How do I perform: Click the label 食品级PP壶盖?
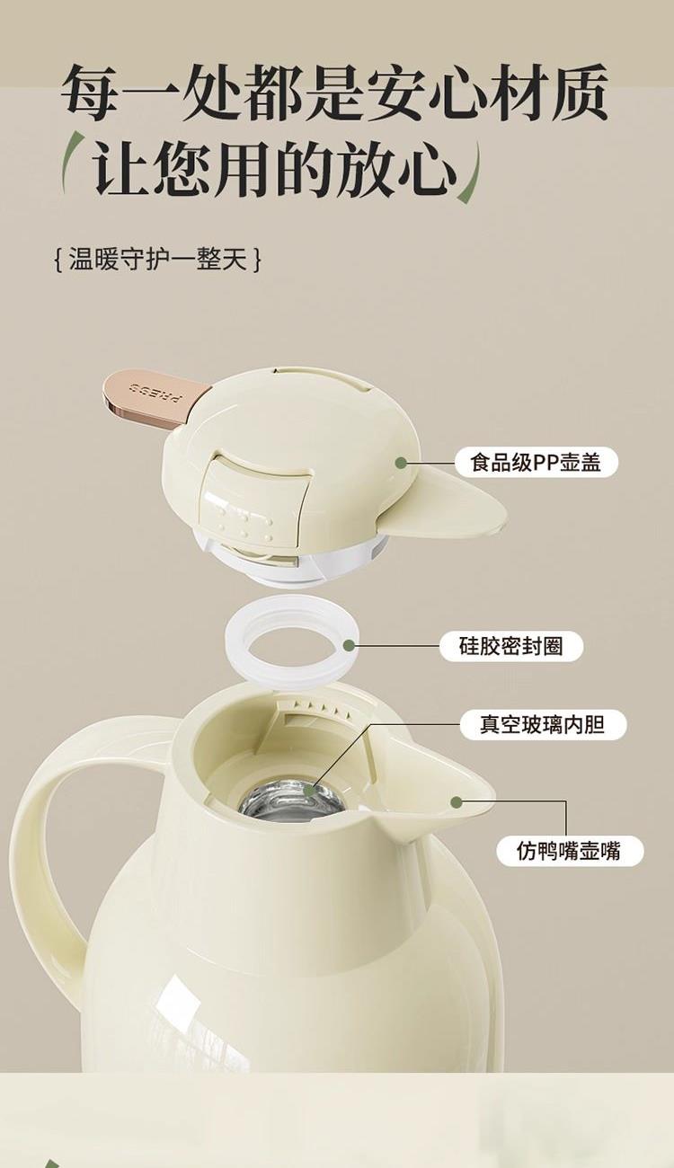(536, 463)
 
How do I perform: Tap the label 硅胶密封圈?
(511, 647)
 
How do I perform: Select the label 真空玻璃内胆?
(543, 725)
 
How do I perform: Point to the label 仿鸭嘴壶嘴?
(569, 851)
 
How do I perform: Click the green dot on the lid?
(401, 463)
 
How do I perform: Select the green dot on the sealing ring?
(349, 647)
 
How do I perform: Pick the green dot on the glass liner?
(309, 791)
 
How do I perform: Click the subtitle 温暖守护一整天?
(157, 259)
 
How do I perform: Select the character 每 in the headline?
(89, 93)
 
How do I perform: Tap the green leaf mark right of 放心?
(471, 174)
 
